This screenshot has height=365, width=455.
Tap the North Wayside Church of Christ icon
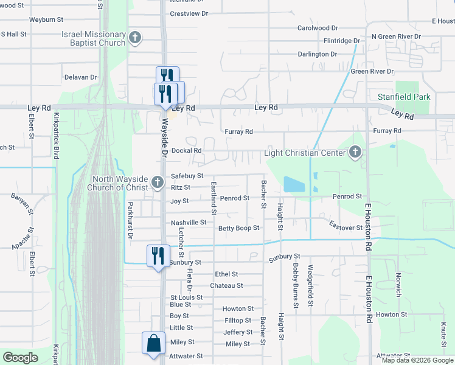157,182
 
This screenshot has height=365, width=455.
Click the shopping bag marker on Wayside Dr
153,343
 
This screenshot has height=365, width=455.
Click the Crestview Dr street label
189,13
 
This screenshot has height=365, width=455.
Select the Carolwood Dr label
318,28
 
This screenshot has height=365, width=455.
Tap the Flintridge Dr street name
342,41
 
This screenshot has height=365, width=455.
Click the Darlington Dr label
318,54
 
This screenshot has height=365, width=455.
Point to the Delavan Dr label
81,77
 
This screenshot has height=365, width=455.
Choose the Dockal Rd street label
186,150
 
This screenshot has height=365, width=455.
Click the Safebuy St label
187,176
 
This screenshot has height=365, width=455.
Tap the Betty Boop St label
239,228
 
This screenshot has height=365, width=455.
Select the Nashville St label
189,223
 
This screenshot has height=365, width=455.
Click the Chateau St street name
226,285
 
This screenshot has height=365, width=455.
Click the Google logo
20,358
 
